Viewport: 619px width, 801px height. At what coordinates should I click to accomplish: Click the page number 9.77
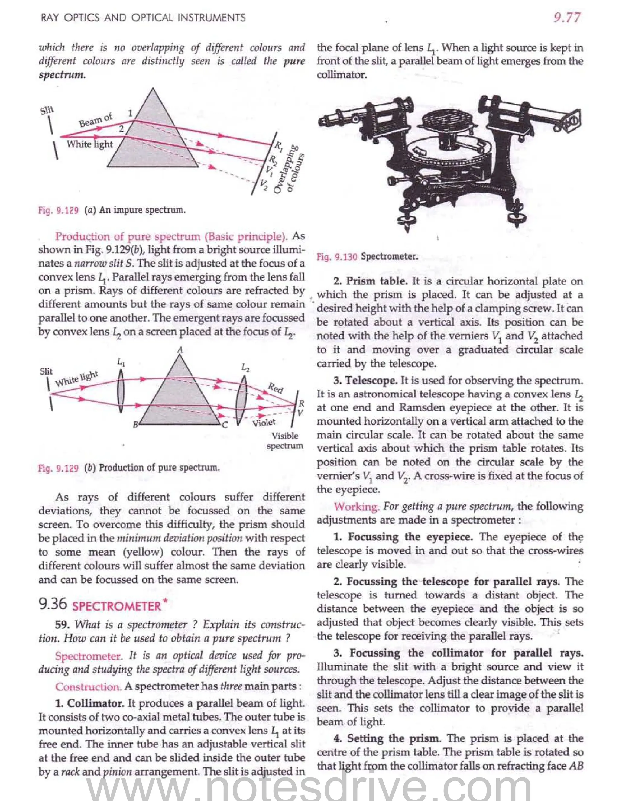click(567, 17)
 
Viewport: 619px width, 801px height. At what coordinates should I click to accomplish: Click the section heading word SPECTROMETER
click(117, 606)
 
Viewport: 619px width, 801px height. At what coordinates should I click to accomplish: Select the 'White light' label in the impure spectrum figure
click(89, 144)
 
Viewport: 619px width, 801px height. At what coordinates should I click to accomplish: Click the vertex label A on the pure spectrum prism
click(180, 349)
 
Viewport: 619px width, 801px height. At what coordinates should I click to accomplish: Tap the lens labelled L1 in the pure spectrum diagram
click(121, 391)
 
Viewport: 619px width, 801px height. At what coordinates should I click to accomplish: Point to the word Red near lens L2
click(275, 387)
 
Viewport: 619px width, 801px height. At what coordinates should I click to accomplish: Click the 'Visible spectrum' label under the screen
click(285, 440)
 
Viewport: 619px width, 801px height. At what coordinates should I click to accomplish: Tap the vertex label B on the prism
click(136, 425)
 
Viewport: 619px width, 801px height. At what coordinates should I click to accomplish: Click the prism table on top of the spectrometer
click(446, 121)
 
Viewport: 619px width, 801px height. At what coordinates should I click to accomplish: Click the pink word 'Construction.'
click(88, 686)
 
